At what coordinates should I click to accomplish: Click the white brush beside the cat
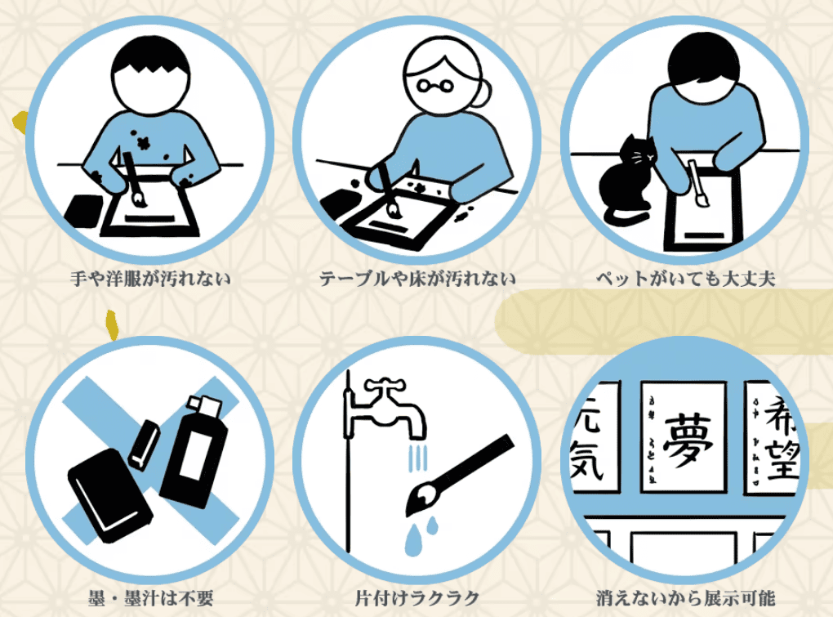click(x=697, y=185)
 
